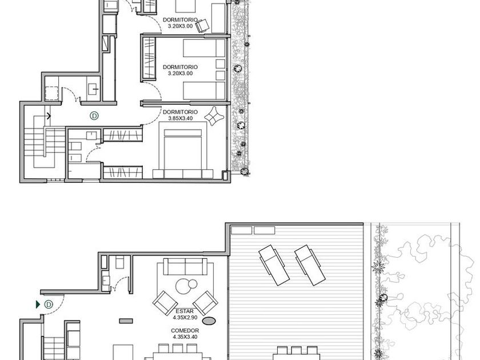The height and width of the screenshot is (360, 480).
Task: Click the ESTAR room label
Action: [185, 311]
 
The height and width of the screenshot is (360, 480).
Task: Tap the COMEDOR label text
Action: [185, 331]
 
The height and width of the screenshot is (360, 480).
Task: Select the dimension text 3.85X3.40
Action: [181, 118]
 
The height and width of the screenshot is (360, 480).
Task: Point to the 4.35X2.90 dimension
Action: [185, 318]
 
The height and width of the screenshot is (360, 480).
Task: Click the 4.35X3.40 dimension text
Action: [185, 337]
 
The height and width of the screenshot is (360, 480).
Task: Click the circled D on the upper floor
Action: [95, 115]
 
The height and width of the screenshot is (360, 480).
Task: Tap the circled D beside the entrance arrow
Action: [49, 305]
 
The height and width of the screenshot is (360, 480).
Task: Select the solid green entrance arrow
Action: [38, 305]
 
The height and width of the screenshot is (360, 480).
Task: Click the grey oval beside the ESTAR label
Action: [209, 321]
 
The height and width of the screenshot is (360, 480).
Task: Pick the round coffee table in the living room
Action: [184, 286]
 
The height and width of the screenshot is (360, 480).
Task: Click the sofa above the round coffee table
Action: [185, 267]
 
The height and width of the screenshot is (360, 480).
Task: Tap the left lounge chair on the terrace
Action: [274, 265]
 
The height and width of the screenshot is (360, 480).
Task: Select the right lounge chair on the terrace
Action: [310, 265]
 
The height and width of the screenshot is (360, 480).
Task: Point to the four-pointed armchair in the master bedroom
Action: [214, 115]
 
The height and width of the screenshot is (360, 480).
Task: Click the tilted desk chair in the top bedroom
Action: [202, 26]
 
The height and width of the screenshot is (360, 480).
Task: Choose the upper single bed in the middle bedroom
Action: [204, 48]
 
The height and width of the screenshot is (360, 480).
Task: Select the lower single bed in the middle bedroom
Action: [204, 90]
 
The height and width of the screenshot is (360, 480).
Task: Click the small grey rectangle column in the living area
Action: [126, 321]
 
